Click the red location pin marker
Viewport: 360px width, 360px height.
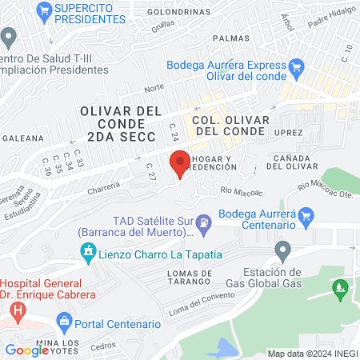click(x=179, y=163)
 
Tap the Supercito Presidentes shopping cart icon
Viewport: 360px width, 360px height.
click(x=45, y=11)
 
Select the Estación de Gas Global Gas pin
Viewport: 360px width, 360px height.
click(x=282, y=252)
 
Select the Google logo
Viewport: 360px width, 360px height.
click(x=27, y=350)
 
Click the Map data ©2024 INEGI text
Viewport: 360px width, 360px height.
click(x=312, y=354)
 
